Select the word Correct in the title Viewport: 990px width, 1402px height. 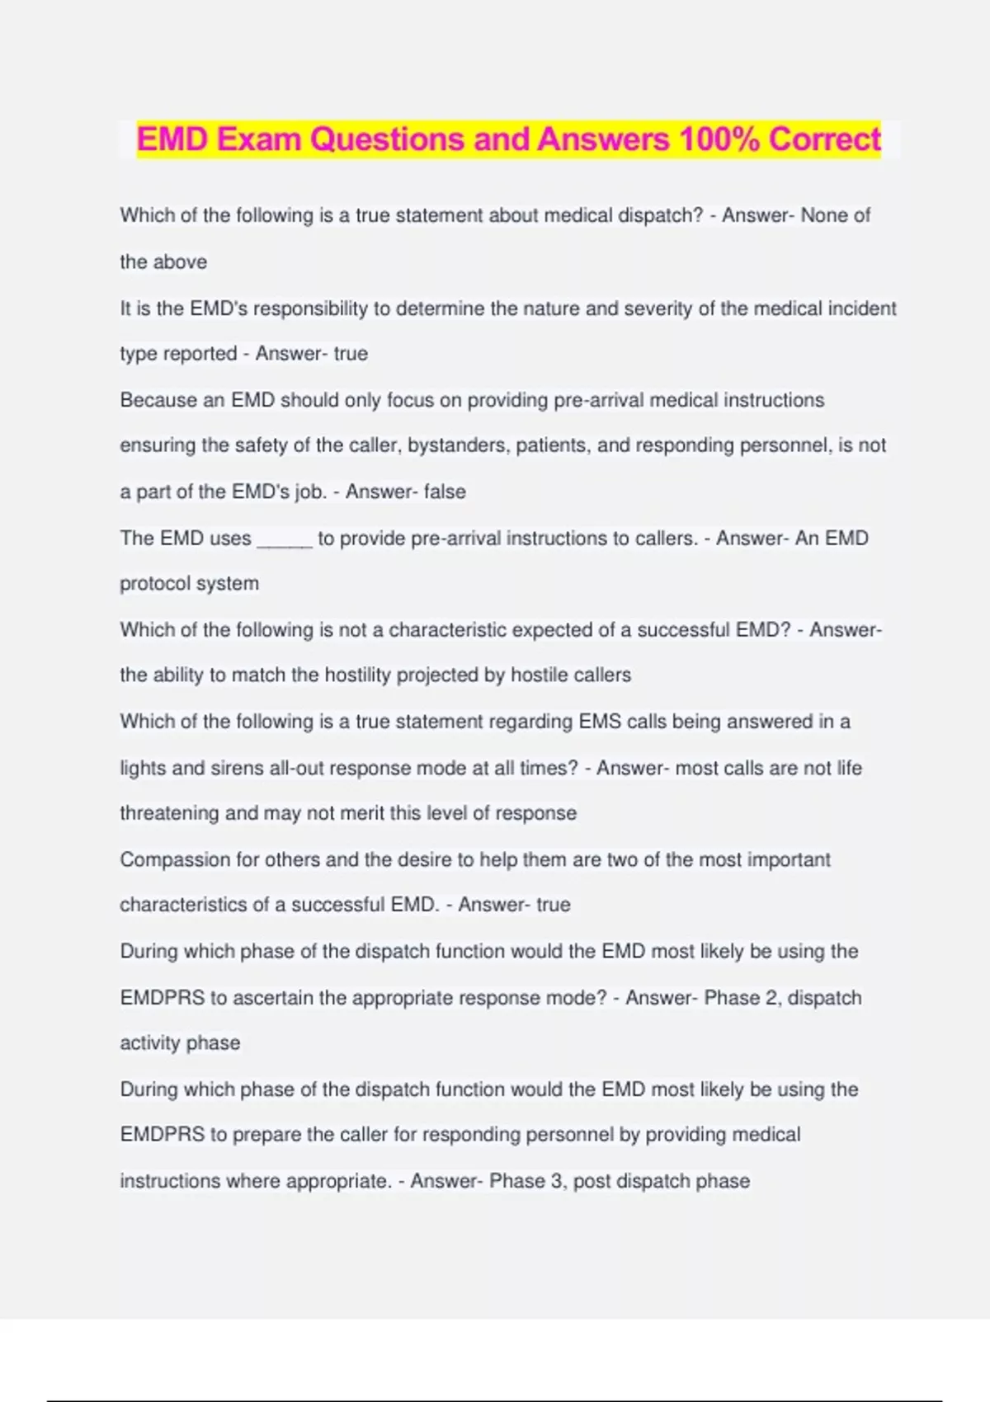(825, 139)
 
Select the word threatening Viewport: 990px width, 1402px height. (169, 813)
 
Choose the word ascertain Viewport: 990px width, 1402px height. (273, 998)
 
